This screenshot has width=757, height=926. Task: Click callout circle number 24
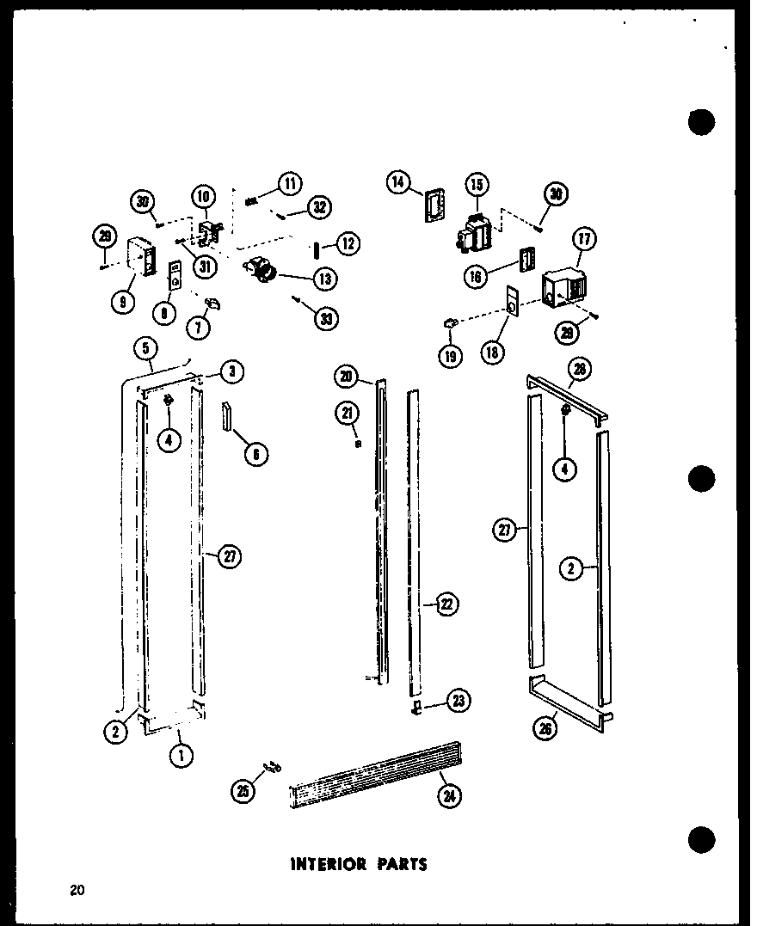point(448,797)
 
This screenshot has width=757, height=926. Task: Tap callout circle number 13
point(326,279)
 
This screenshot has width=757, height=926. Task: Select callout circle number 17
point(586,239)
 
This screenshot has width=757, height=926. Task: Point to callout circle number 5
point(146,349)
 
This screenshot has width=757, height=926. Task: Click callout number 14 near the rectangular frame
point(397,182)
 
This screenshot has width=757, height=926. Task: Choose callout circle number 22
point(447,604)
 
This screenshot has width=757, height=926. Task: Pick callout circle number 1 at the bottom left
point(180,756)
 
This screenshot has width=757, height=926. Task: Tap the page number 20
point(77,891)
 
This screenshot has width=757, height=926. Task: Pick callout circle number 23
point(459,702)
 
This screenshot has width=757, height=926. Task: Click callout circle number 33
point(326,319)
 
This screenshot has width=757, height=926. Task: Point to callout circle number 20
point(346,376)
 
